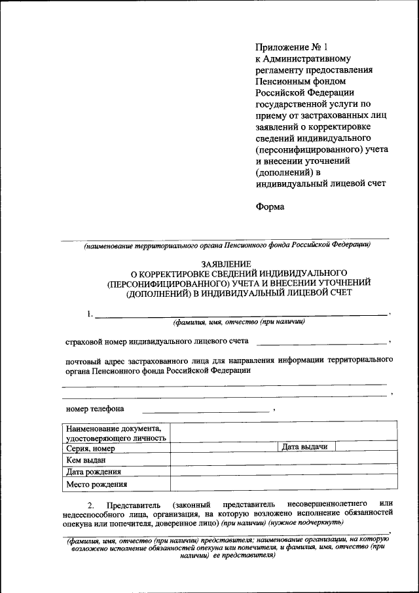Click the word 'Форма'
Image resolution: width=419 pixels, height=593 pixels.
click(270, 206)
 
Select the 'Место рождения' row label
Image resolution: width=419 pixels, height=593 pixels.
click(96, 485)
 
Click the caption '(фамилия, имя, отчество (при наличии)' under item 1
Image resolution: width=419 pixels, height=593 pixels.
click(239, 322)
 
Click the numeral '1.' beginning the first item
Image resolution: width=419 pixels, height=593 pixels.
click(88, 314)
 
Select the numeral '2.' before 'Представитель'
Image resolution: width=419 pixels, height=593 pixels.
click(92, 505)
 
